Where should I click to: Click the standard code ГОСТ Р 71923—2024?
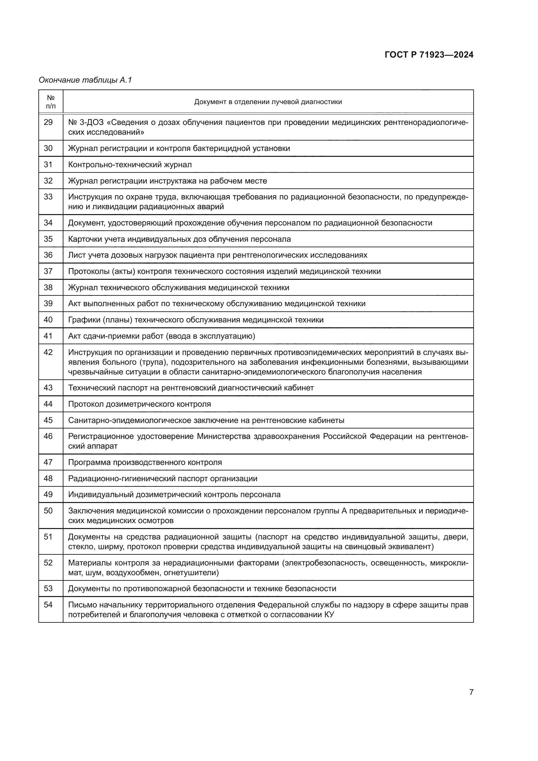pyautogui.click(x=429, y=55)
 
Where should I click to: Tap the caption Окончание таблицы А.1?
pyautogui.click(x=85, y=80)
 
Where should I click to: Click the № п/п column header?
pyautogui.click(x=51, y=102)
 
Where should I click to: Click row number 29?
pyautogui.click(x=48, y=122)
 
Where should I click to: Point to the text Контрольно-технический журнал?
pyautogui.click(x=130, y=165)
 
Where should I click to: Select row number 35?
pyautogui.click(x=48, y=239)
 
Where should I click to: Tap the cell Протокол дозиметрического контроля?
pyautogui.click(x=140, y=404)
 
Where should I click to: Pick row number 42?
pyautogui.click(x=48, y=352)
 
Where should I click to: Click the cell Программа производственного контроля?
pyautogui.click(x=145, y=462)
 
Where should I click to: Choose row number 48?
pyautogui.click(x=48, y=479)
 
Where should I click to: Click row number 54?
pyautogui.click(x=48, y=605)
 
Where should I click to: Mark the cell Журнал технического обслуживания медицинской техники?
pyautogui.click(x=179, y=288)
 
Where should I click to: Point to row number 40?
pyautogui.click(x=48, y=320)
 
